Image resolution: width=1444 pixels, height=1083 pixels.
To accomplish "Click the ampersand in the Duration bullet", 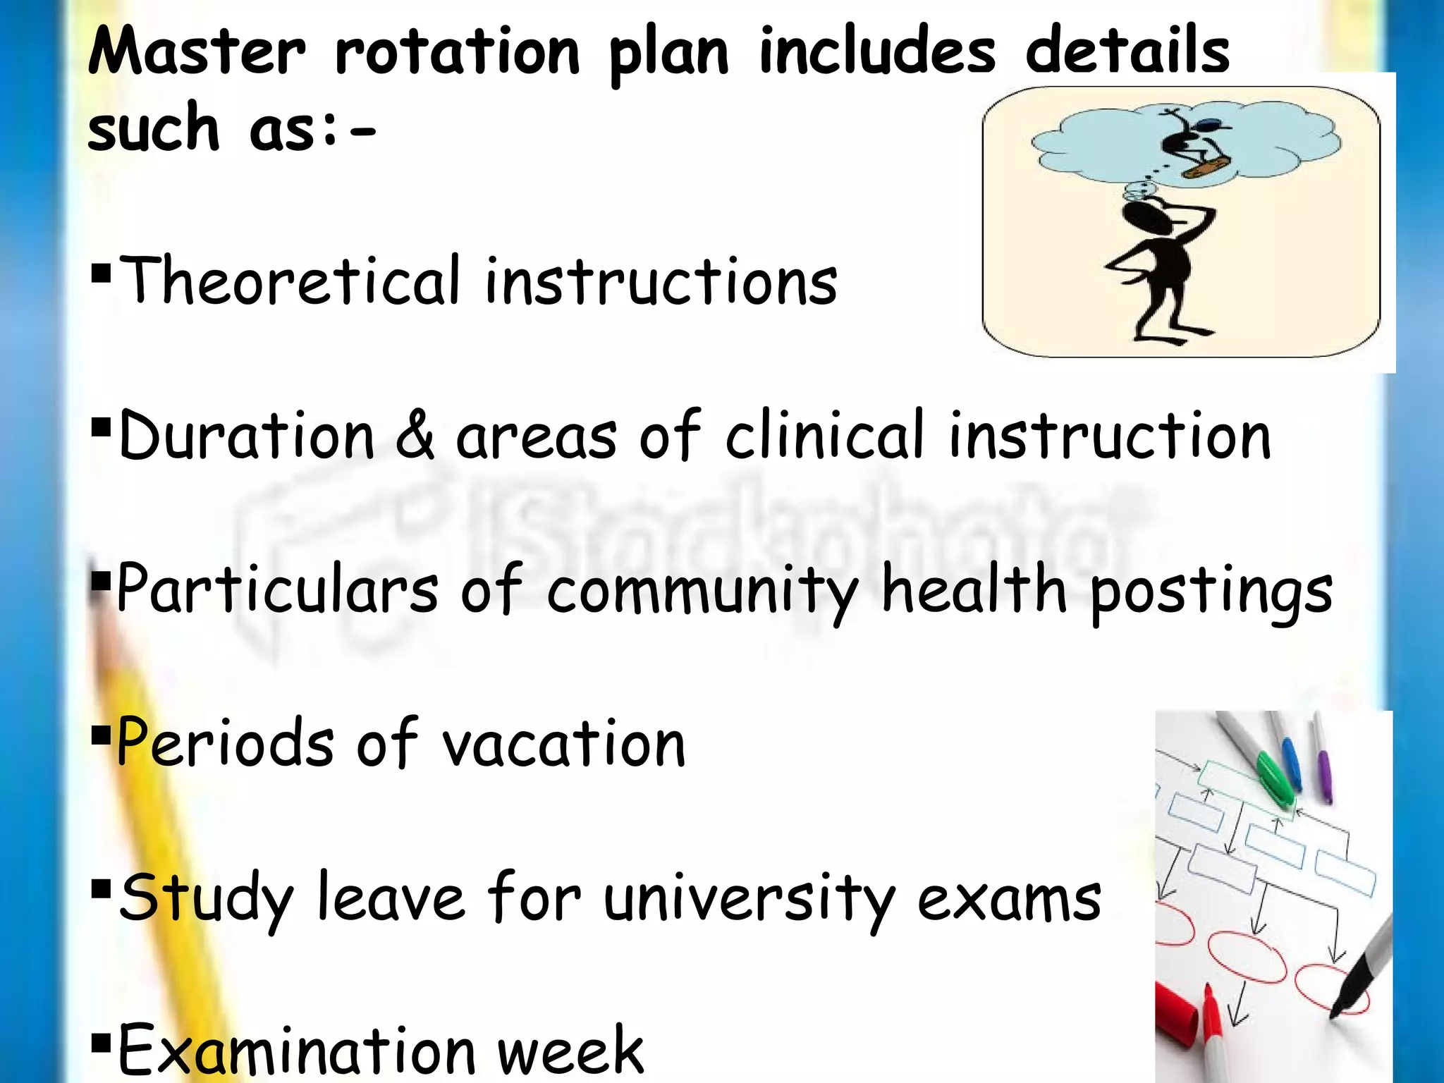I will click(x=415, y=435).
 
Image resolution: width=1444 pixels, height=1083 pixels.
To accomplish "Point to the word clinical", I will click(x=824, y=435).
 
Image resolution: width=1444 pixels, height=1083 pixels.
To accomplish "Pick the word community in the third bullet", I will click(x=702, y=590).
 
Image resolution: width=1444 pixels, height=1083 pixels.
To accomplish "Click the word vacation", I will click(x=563, y=743).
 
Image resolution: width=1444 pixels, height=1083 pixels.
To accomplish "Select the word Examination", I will click(x=297, y=1051).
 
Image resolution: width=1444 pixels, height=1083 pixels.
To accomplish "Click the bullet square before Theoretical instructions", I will click(x=102, y=272).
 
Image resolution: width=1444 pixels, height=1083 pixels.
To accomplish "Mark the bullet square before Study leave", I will click(x=102, y=887).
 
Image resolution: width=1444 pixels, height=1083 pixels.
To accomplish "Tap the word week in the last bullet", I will click(x=570, y=1051).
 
